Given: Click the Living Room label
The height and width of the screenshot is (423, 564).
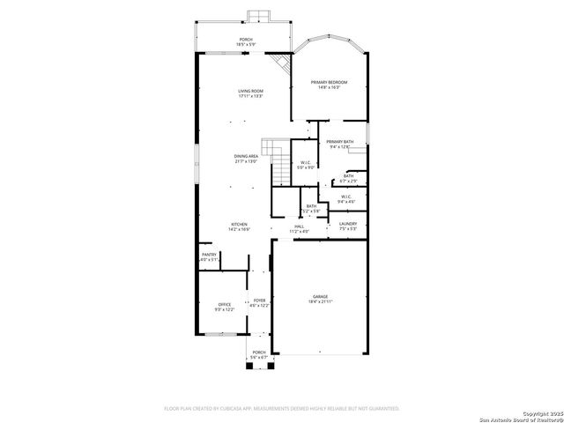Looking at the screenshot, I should [250, 93].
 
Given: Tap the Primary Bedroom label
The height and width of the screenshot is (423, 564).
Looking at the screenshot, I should [329, 85].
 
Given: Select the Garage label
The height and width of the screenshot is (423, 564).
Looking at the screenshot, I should [319, 299].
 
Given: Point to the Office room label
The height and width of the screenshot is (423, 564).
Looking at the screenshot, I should [224, 307].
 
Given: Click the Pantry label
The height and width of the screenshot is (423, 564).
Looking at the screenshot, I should [209, 256].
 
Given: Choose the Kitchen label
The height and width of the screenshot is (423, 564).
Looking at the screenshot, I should [239, 226].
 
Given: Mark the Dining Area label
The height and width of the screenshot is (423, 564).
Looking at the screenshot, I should [246, 159].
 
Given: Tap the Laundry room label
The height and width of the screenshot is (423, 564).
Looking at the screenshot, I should [348, 226].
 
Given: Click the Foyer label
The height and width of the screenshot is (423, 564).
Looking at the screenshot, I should [260, 302].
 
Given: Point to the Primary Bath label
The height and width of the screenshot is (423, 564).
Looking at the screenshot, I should [339, 145].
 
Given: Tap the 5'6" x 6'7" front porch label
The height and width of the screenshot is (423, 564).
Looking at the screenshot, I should [259, 354].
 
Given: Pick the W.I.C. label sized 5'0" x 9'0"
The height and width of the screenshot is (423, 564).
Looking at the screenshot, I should [305, 165].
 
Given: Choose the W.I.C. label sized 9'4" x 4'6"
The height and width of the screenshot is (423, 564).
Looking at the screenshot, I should [345, 199].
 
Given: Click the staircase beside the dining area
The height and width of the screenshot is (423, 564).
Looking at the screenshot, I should [276, 159].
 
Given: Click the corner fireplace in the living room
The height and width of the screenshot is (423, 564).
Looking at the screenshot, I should [282, 63].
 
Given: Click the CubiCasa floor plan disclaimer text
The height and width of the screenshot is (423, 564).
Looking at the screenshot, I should [282, 408].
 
